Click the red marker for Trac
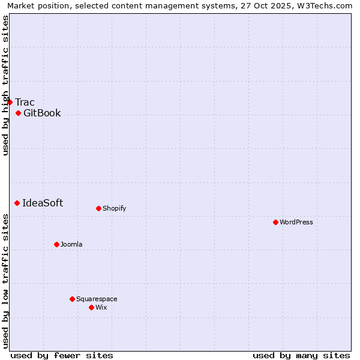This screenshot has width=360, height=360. (10, 102)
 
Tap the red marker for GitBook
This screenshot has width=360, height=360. (19, 113)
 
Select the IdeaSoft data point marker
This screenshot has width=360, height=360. (17, 203)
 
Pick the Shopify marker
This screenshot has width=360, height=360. (99, 208)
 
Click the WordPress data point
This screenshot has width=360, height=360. (276, 222)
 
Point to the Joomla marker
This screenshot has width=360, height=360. (57, 244)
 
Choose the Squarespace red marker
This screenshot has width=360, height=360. (73, 299)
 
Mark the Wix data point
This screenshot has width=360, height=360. (92, 307)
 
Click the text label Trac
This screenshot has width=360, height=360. (25, 102)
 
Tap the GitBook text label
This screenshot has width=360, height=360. (42, 113)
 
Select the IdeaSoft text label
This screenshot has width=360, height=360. (43, 203)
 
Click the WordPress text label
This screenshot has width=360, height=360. (296, 222)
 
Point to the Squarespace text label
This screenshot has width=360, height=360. (97, 299)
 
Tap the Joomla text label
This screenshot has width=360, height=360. (71, 244)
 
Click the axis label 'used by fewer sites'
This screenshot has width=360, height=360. (62, 355)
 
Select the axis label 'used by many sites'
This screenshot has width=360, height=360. (301, 355)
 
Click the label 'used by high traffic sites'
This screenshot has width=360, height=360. (5, 85)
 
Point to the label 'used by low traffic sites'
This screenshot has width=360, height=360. (5, 281)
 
